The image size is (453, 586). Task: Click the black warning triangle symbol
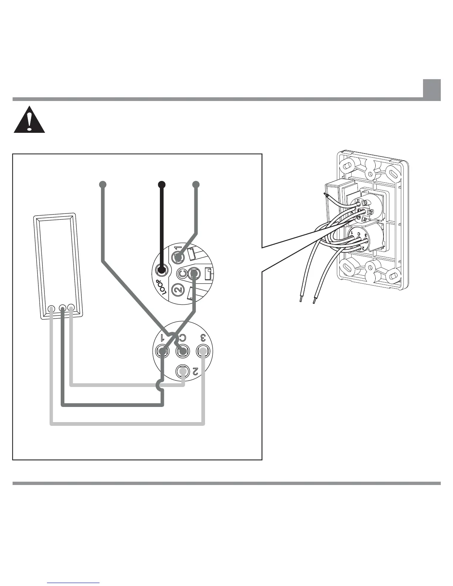pos(29,120)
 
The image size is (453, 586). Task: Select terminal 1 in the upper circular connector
pos(178,257)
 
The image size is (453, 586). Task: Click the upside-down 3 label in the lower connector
pos(203,337)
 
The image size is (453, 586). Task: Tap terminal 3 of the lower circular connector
pos(202,350)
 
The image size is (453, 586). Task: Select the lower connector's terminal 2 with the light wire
pos(182,370)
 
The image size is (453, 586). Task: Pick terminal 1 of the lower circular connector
pos(162,350)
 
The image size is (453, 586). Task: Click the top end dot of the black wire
pos(161,184)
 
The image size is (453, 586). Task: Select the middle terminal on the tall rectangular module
pos(62,308)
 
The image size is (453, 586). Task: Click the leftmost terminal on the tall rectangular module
pos(51,309)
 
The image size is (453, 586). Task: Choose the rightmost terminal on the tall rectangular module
pos(71,308)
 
